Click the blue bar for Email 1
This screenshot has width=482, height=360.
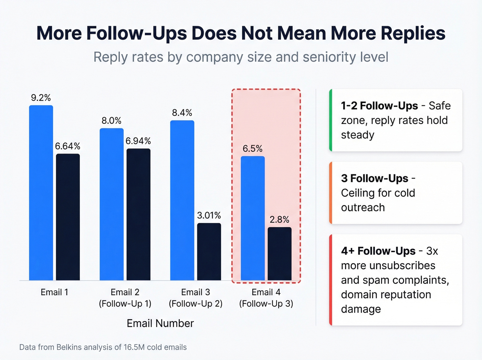pos(41,193)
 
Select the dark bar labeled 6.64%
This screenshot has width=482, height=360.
pos(68,217)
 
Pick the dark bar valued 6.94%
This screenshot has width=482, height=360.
pos(138,214)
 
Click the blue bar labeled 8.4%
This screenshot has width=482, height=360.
pos(182,200)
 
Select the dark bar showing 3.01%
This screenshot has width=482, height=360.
pos(209,251)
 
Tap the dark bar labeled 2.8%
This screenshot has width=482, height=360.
pos(280,254)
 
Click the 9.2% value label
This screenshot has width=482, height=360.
pos(41,98)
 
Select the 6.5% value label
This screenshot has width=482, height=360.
pos(252,149)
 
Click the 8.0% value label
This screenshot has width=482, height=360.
pos(111,121)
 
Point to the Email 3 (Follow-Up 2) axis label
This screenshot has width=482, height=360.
pos(196,298)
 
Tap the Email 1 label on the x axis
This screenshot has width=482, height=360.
pos(54,292)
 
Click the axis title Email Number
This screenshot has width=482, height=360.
pos(160,323)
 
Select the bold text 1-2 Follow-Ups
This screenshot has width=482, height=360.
pos(379,106)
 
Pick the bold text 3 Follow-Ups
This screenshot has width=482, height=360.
pos(375,178)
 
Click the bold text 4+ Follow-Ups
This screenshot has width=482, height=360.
pos(378,251)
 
